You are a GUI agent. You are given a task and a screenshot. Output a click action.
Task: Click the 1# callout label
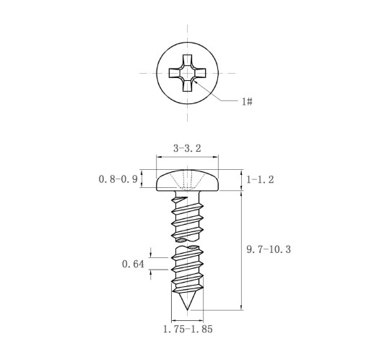tap(247, 101)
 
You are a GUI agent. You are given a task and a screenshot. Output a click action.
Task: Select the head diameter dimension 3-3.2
tap(187, 148)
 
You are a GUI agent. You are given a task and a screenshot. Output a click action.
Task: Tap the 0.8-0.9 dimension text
tap(118, 179)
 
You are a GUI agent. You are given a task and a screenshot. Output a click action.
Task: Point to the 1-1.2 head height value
tap(260, 179)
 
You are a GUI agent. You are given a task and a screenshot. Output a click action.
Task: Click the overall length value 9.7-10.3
tap(269, 249)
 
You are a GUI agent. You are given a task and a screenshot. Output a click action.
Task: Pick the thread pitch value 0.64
tap(133, 264)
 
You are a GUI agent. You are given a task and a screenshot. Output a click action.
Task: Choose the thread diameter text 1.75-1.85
tap(188, 329)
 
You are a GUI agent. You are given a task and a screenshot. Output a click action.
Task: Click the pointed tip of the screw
tap(188, 309)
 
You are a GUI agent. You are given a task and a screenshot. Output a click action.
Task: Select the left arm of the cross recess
tap(175, 73)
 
